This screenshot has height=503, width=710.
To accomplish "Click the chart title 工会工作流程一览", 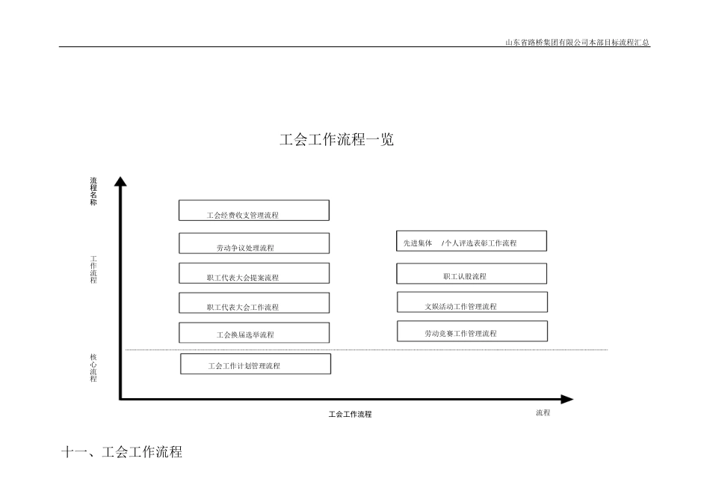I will pyautogui.click(x=336, y=140).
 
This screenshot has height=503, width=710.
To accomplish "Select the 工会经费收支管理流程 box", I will pyautogui.click(x=254, y=210).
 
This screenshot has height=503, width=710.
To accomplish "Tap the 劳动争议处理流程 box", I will pyautogui.click(x=254, y=243).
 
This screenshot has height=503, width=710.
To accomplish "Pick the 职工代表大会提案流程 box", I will pyautogui.click(x=254, y=273).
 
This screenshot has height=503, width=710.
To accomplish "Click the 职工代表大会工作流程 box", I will pyautogui.click(x=254, y=302).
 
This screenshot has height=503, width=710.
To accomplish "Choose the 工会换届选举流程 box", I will pyautogui.click(x=254, y=332).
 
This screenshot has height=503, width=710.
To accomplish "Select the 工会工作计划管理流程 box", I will pyautogui.click(x=256, y=364).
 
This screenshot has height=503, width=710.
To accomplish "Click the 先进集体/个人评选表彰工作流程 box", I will pyautogui.click(x=472, y=241).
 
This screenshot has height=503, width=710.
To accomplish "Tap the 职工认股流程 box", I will pyautogui.click(x=472, y=274).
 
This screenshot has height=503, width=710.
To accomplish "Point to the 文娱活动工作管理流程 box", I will pyautogui.click(x=472, y=302).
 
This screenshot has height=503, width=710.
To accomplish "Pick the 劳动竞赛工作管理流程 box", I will pyautogui.click(x=472, y=331).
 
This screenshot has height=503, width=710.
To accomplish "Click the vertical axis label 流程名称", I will pyautogui.click(x=93, y=192).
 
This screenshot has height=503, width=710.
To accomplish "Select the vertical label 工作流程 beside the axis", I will pyautogui.click(x=93, y=269).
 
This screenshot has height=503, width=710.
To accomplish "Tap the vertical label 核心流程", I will pyautogui.click(x=93, y=368).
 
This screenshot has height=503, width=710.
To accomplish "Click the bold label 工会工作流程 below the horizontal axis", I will pyautogui.click(x=350, y=414).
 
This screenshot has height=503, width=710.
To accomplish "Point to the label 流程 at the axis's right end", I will pyautogui.click(x=543, y=412).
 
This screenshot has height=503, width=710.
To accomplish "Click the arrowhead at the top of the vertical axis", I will pyautogui.click(x=120, y=180).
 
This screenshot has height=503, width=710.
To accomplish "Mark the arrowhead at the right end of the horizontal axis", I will pyautogui.click(x=567, y=400).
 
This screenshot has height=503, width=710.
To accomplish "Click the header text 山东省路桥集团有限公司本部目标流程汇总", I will pyautogui.click(x=578, y=43).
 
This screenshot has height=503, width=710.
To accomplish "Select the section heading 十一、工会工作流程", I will pyautogui.click(x=122, y=452).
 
